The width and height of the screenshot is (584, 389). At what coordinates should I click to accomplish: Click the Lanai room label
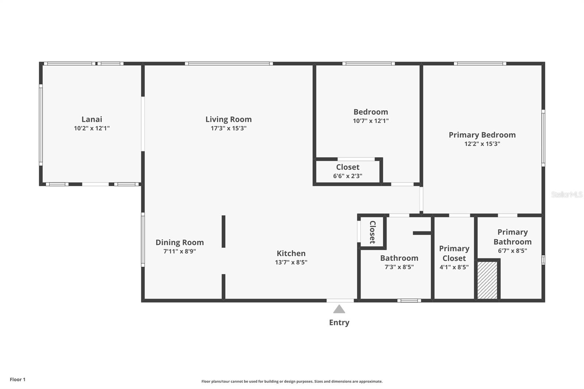tap(92, 119)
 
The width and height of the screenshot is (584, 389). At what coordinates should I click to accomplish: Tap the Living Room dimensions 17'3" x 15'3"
tap(228, 128)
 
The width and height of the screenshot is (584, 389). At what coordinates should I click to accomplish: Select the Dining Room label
tap(180, 242)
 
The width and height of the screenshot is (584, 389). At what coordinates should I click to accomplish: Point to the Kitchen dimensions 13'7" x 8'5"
tap(291, 262)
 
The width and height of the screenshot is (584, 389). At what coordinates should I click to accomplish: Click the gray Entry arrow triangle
tap(339, 309)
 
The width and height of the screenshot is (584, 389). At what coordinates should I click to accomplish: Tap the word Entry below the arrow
tap(339, 323)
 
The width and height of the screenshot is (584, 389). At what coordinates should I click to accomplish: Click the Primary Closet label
tap(454, 253)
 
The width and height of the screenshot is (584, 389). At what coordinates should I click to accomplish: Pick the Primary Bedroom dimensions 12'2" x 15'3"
tap(482, 144)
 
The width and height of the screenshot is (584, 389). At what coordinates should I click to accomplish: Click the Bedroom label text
tap(370, 112)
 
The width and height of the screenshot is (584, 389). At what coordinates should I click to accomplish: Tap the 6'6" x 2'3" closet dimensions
tap(347, 176)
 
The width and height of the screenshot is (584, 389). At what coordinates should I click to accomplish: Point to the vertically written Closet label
tap(372, 232)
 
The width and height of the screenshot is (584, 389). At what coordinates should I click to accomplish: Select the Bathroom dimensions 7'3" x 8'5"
tap(399, 267)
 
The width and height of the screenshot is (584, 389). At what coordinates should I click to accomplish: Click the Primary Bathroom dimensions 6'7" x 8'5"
tap(512, 251)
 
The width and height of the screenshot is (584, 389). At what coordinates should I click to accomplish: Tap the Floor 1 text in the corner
tap(18, 380)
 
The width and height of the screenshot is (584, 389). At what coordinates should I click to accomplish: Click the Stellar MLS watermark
tap(566, 194)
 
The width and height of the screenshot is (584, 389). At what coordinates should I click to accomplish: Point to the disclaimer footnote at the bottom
tap(292, 381)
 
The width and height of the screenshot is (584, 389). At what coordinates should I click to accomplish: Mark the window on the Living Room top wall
tap(228, 63)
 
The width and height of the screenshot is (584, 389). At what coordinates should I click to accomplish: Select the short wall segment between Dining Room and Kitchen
tap(223, 231)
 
